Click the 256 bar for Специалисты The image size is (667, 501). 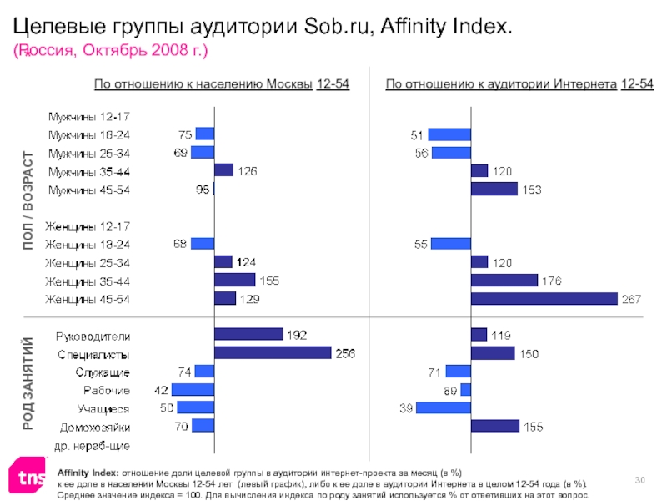[x=273, y=353]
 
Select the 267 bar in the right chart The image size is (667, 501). [x=544, y=299]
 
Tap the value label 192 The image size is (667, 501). [x=298, y=335]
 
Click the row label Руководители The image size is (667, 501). [x=93, y=336]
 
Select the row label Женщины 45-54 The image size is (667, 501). [x=88, y=299]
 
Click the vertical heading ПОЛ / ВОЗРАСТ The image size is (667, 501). [x=28, y=201]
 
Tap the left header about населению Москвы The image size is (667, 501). [x=221, y=84]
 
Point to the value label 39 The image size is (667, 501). [x=405, y=407]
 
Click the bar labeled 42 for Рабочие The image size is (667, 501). [x=193, y=390]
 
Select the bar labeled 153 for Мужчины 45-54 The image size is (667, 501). [x=494, y=189]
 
